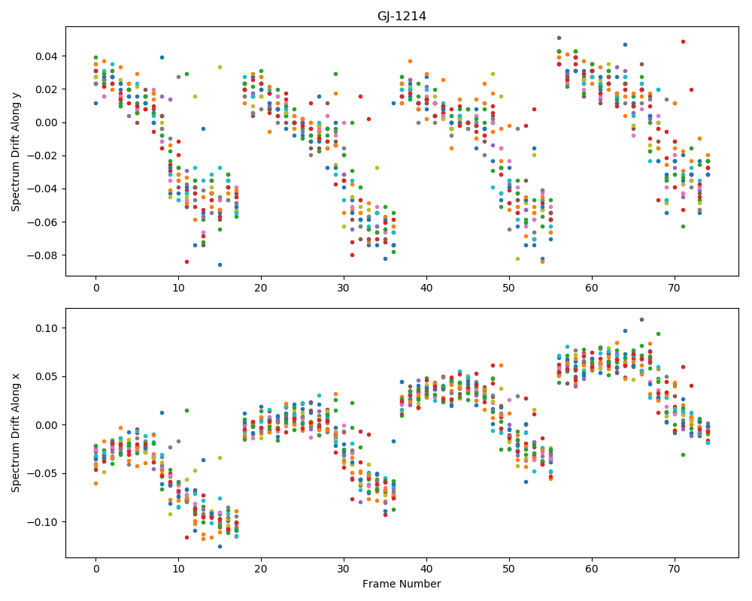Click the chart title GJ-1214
tap(402, 17)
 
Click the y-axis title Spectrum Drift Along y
tap(16, 151)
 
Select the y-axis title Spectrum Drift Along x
tap(16, 433)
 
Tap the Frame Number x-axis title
tap(402, 584)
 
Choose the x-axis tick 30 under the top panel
tap(344, 288)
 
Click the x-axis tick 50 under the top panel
tap(509, 288)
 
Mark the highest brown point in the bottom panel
tap(641, 320)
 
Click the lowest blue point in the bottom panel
tap(220, 546)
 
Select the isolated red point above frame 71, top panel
tap(683, 42)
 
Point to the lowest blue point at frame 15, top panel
tap(220, 264)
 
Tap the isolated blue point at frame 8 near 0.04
tap(162, 58)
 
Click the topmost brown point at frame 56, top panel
tap(559, 38)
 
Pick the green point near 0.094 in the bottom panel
tap(658, 334)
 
